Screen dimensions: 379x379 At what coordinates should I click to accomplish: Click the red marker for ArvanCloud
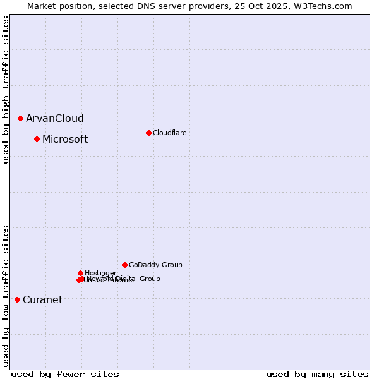pos(21,118)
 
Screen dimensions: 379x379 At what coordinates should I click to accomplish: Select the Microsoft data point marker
pos(37,139)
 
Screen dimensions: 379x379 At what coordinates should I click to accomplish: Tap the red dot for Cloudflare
pos(148,133)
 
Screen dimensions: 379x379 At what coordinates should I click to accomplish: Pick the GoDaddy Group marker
pos(124,265)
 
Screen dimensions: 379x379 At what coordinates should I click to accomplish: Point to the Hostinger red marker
pos(80,273)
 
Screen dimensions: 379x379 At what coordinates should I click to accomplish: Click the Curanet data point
pos(17,299)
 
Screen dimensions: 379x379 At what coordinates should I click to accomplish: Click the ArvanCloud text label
pos(54,118)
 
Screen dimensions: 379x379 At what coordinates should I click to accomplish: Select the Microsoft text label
pos(65,139)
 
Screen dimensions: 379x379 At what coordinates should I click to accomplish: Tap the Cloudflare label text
pos(169,133)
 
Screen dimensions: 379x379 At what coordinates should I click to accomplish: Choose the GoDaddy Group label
pos(155,265)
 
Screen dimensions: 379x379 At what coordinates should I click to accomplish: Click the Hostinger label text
pos(100,273)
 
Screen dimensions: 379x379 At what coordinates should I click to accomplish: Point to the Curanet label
pos(42,299)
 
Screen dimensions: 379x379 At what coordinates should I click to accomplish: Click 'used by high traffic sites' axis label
pos(6,90)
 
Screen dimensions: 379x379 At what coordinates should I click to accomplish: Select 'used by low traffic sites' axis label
pos(6,296)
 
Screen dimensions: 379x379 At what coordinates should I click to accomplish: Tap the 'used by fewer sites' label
pos(65,374)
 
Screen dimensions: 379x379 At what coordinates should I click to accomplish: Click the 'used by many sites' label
pos(316,374)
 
